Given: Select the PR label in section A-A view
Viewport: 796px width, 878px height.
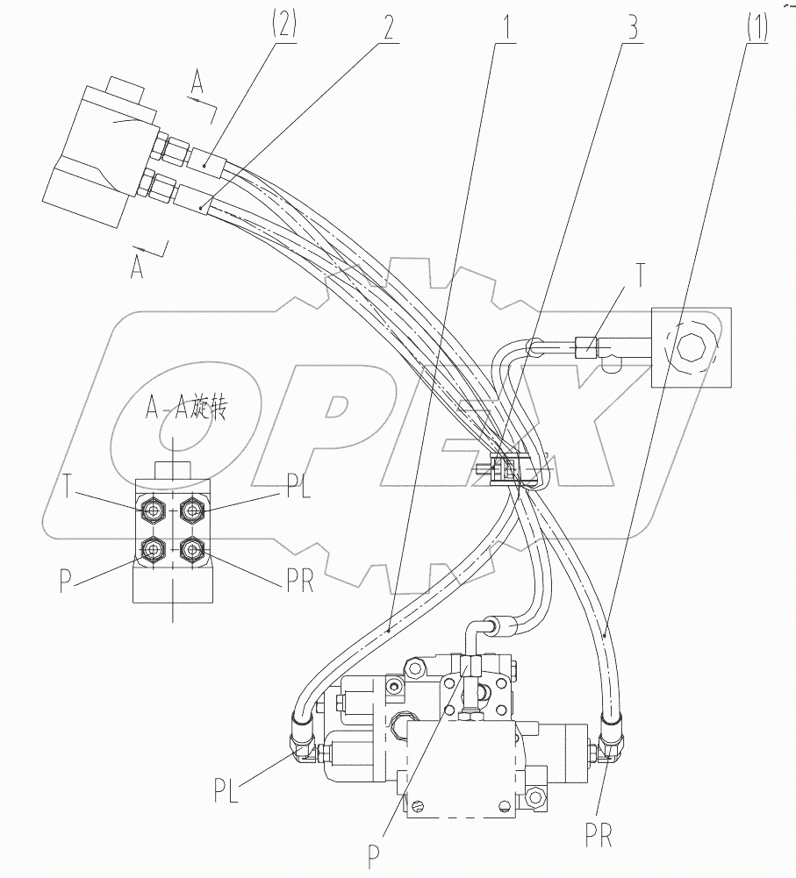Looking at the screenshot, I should [299, 582].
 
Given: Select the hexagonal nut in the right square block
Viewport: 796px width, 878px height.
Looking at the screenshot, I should [688, 346].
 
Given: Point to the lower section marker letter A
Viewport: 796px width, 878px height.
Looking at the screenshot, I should [137, 266].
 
